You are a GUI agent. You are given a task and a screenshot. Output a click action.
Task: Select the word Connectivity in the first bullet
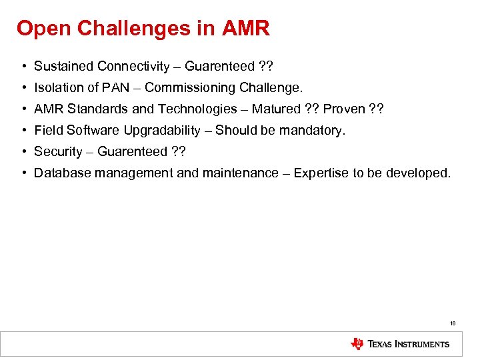pos(133,66)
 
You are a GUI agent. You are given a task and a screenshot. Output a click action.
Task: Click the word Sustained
pos(64,66)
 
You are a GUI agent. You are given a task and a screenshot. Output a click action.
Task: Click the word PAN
pos(121,87)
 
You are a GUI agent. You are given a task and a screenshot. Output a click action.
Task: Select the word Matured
pos(276,109)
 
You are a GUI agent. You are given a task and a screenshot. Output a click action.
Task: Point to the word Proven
pos(344,109)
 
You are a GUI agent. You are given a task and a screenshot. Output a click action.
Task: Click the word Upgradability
pos(162,130)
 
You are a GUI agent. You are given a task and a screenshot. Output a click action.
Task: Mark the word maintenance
pos(235,173)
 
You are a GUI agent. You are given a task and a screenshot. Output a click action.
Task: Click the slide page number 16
pos(453,323)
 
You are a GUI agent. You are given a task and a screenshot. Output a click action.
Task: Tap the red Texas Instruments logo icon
pos(357,344)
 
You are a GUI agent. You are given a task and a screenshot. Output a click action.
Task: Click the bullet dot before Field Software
pos(23,130)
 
